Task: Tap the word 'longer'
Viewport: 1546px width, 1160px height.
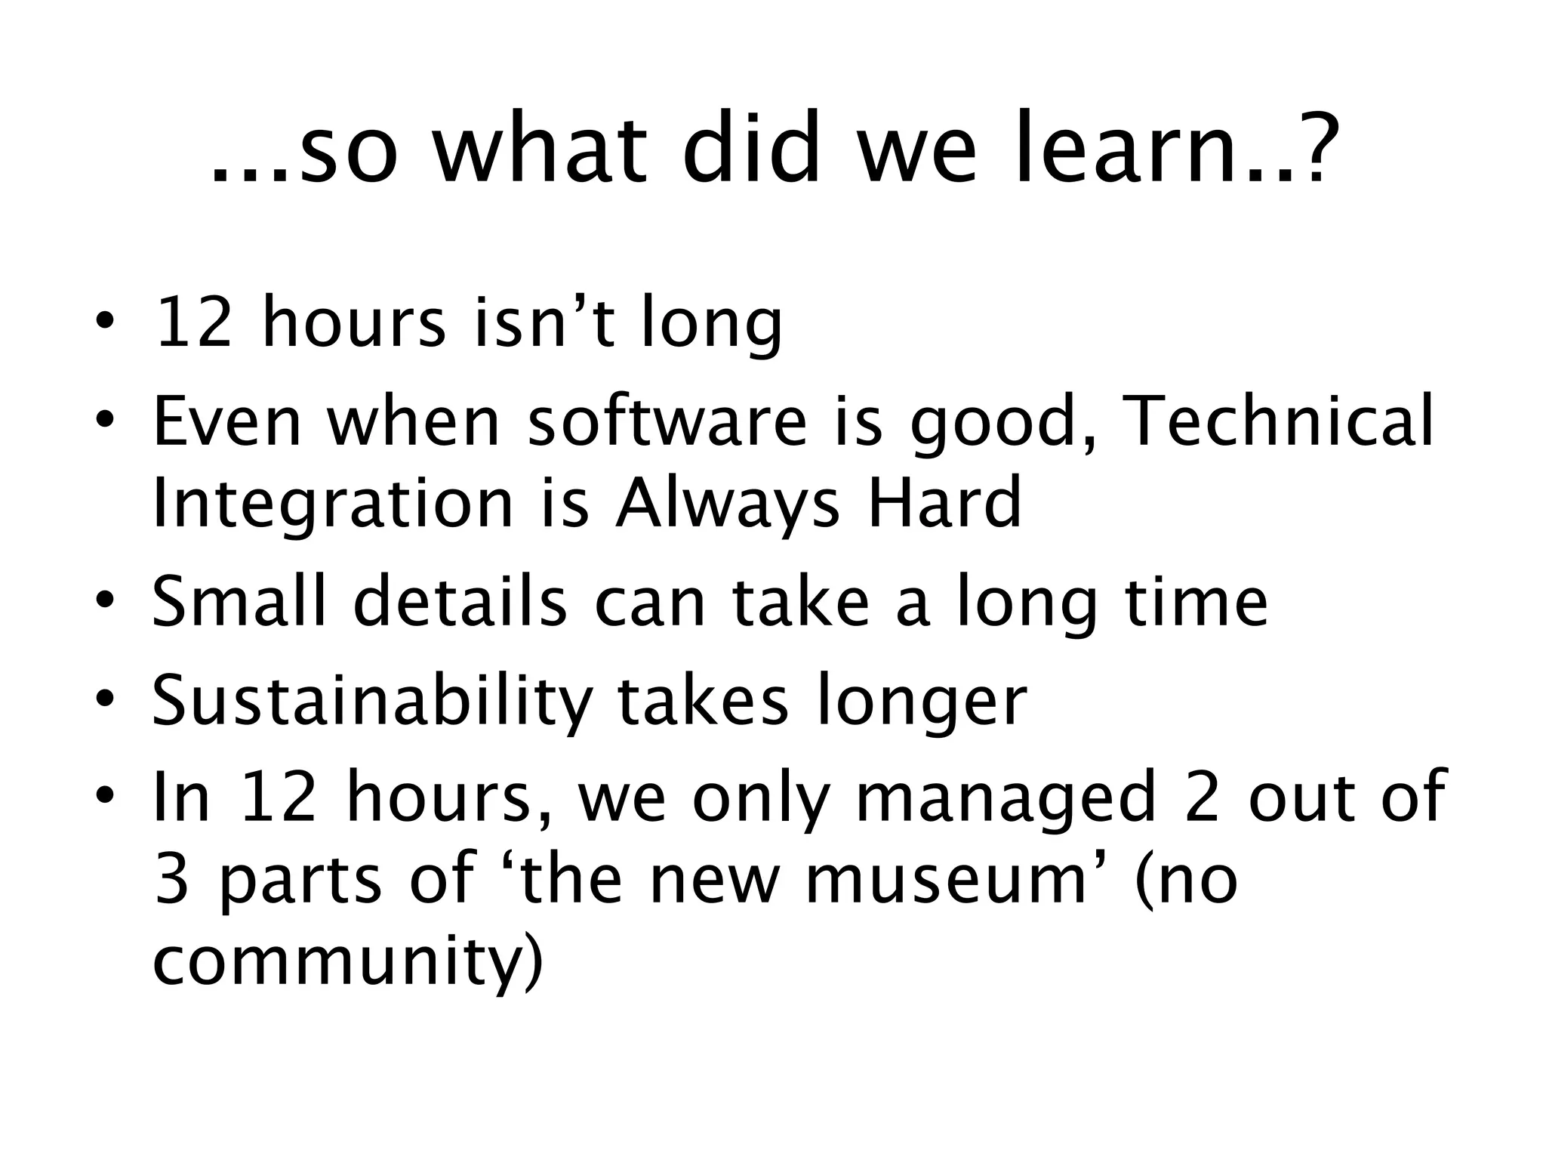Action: coord(922,702)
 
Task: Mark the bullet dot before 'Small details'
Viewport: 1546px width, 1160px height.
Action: coord(106,602)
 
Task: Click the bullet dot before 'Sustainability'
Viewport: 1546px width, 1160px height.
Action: coord(106,700)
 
